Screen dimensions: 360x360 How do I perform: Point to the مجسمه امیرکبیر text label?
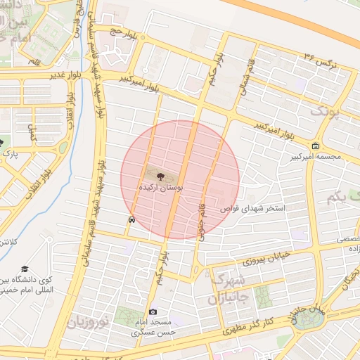click(x=316, y=157)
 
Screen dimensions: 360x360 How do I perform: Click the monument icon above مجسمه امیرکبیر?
click(x=315, y=146)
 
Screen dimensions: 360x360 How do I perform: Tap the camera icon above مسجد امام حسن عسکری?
click(x=153, y=311)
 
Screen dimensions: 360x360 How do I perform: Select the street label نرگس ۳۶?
click(x=320, y=58)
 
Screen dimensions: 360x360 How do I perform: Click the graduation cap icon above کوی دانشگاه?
click(x=25, y=269)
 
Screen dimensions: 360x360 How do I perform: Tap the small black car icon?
click(x=131, y=219)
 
